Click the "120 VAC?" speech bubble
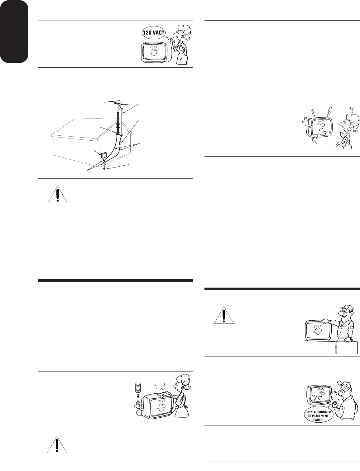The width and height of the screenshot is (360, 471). pyautogui.click(x=154, y=34)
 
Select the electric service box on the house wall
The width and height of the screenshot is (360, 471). pyautogui.click(x=104, y=155)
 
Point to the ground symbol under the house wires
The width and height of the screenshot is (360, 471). pyautogui.click(x=104, y=169)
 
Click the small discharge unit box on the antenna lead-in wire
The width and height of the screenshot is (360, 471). pyautogui.click(x=120, y=143)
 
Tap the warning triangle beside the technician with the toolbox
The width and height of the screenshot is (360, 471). pyautogui.click(x=223, y=315)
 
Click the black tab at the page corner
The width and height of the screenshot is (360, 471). pyautogui.click(x=14, y=32)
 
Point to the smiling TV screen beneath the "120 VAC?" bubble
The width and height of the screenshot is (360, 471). pyautogui.click(x=153, y=52)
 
